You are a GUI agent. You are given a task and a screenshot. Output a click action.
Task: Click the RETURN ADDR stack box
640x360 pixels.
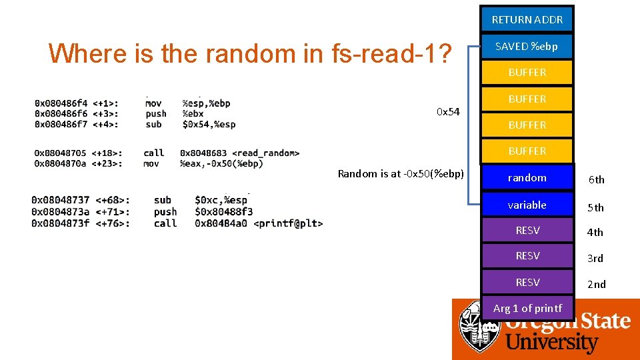click(527, 19)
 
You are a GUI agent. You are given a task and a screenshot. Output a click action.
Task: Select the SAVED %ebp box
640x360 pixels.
click(527, 46)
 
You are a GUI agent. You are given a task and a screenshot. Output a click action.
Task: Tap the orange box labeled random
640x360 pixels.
click(527, 177)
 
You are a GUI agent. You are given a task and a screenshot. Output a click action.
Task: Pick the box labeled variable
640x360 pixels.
click(527, 205)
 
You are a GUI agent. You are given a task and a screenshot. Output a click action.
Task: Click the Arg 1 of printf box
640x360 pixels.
click(527, 308)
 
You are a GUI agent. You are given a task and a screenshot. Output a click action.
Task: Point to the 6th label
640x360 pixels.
click(595, 179)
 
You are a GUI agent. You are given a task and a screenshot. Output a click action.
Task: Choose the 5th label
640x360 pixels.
click(595, 207)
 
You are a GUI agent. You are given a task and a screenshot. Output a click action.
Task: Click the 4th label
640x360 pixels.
click(595, 232)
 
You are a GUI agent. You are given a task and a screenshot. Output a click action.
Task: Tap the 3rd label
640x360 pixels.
click(595, 258)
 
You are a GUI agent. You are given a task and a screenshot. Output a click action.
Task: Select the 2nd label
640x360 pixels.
click(596, 284)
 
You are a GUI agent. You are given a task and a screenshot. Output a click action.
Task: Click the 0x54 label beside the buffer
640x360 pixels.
click(448, 111)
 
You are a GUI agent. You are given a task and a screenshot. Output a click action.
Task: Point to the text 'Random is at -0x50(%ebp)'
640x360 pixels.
click(401, 173)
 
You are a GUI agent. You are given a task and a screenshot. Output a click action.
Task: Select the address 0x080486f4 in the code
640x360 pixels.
click(61, 103)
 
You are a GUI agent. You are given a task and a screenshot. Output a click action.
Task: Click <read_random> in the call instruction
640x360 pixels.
click(265, 153)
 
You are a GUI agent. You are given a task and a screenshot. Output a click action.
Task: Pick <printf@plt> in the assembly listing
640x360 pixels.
click(288, 223)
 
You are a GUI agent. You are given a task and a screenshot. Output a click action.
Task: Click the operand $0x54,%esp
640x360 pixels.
click(209, 124)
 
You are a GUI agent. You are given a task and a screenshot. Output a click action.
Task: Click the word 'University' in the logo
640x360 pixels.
click(552, 343)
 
